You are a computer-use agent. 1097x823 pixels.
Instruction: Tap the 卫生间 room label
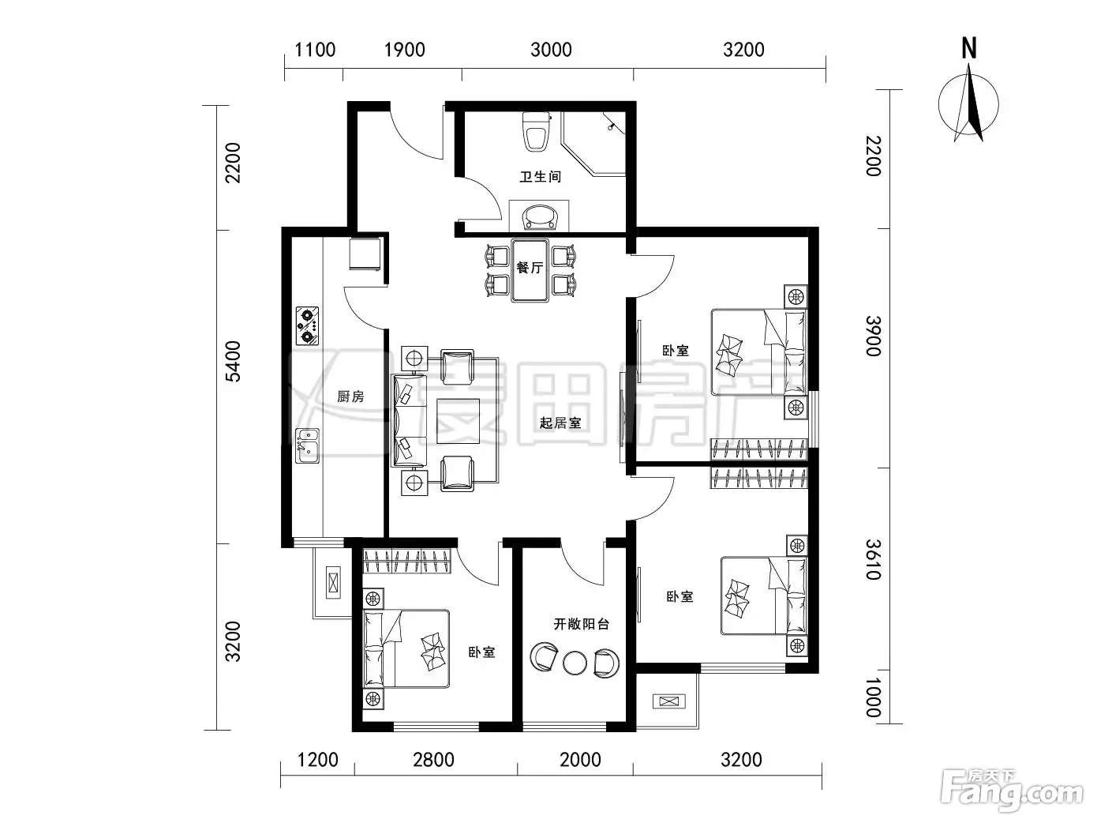pyautogui.click(x=540, y=177)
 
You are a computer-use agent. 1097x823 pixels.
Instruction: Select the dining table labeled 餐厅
pyautogui.click(x=530, y=270)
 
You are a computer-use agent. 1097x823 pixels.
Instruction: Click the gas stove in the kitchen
pyautogui.click(x=307, y=325)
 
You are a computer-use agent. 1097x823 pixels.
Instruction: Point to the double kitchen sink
pyautogui.click(x=307, y=445)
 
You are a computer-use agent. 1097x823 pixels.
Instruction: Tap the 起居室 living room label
pyautogui.click(x=560, y=423)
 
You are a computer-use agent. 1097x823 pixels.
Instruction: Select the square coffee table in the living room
pyautogui.click(x=458, y=421)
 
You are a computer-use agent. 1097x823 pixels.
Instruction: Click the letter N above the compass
pyautogui.click(x=969, y=48)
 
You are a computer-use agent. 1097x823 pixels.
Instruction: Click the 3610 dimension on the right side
pyautogui.click(x=873, y=559)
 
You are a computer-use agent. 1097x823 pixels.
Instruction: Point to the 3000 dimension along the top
pyautogui.click(x=551, y=50)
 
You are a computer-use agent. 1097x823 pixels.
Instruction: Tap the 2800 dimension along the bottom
pyautogui.click(x=433, y=761)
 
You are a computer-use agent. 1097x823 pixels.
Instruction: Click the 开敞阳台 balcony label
pyautogui.click(x=581, y=624)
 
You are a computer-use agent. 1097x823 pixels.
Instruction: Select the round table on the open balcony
pyautogui.click(x=575, y=663)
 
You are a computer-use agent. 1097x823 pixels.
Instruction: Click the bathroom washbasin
pyautogui.click(x=539, y=216)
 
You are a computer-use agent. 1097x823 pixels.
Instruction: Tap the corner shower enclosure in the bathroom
pyautogui.click(x=593, y=144)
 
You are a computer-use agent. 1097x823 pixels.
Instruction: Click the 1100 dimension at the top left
pyautogui.click(x=315, y=50)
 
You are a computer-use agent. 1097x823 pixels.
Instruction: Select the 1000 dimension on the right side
pyautogui.click(x=873, y=697)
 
